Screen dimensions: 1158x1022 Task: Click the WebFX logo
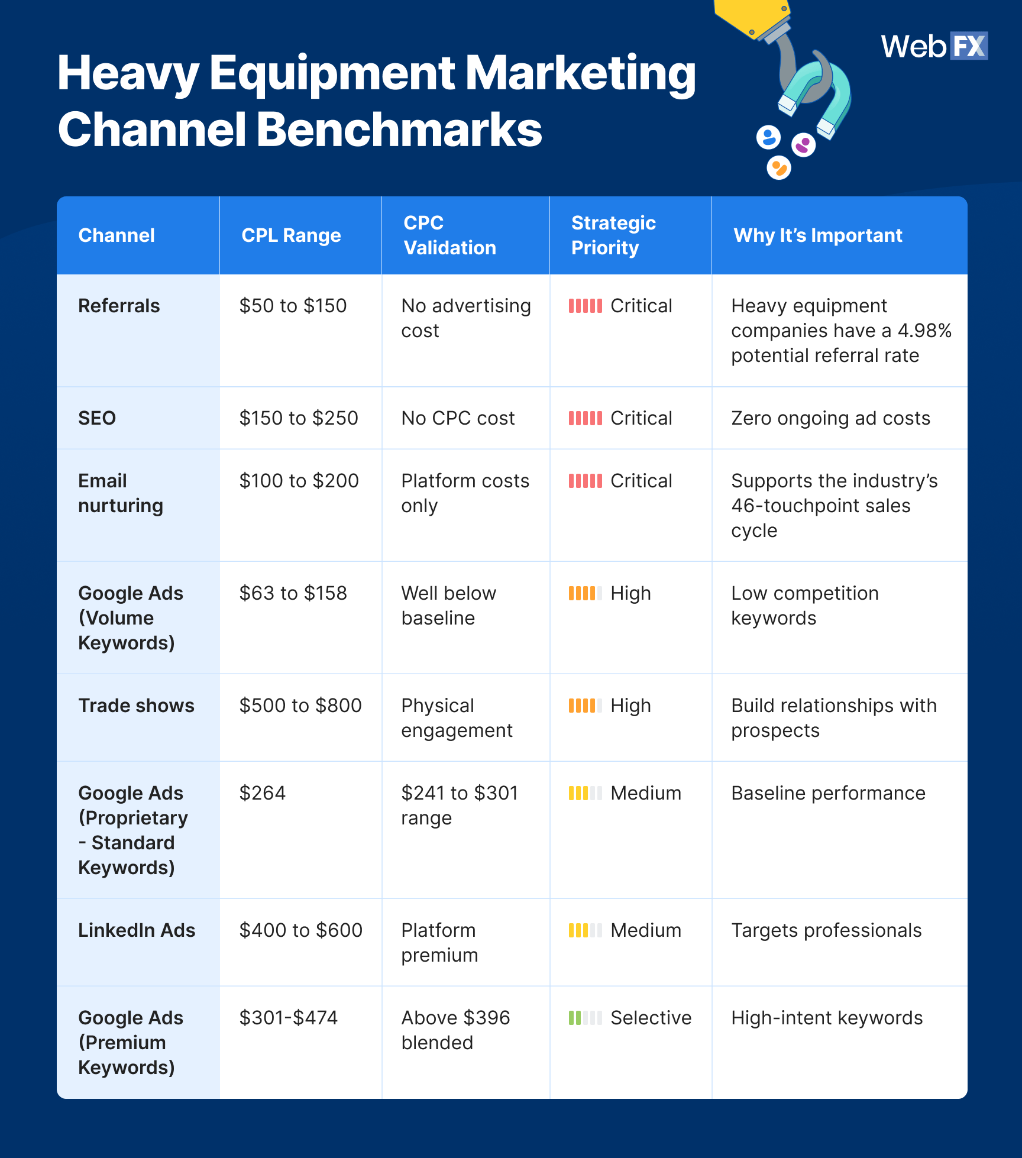pyautogui.click(x=934, y=46)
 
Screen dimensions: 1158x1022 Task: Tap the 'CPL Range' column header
pyautogui.click(x=291, y=235)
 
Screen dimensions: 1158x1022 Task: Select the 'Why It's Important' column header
pyautogui.click(x=817, y=235)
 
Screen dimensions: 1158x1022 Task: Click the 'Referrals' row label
pyautogui.click(x=119, y=306)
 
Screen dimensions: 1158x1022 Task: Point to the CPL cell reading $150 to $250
pyautogui.click(x=299, y=418)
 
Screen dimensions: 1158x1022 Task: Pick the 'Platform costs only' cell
pyautogui.click(x=465, y=493)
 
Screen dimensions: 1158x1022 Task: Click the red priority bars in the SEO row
pyautogui.click(x=585, y=419)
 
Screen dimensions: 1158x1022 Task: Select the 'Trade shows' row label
pyautogui.click(x=136, y=706)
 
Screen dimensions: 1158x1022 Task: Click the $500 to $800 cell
pyautogui.click(x=300, y=706)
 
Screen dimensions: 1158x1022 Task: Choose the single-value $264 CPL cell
pyautogui.click(x=263, y=793)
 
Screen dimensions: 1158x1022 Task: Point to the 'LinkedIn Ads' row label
pyautogui.click(x=137, y=930)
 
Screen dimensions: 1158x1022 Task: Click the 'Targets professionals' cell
pyautogui.click(x=826, y=930)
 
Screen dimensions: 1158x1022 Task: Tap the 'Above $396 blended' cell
pyautogui.click(x=455, y=1030)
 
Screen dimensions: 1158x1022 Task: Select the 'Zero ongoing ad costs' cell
pyautogui.click(x=830, y=418)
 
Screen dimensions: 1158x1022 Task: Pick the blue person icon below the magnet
pyautogui.click(x=768, y=138)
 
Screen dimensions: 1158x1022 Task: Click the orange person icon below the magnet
pyautogui.click(x=778, y=168)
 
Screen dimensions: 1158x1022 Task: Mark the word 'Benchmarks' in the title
pyautogui.click(x=399, y=130)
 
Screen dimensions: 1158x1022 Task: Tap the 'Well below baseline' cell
pyautogui.click(x=448, y=606)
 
